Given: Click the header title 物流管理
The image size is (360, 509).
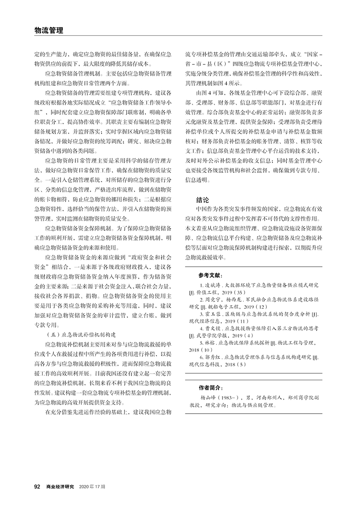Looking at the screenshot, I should pos(48,30).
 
